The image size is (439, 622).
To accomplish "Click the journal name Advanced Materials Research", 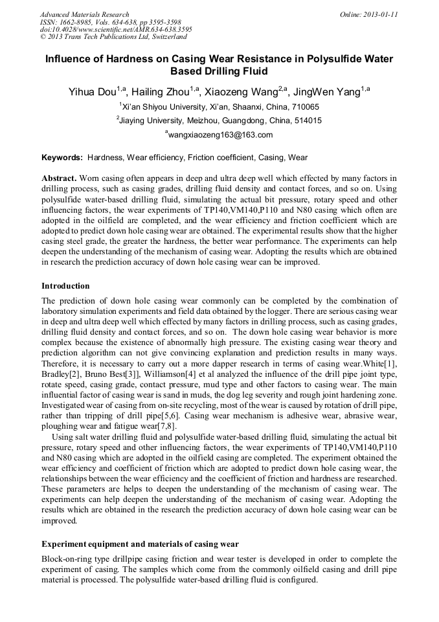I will tap(84, 14).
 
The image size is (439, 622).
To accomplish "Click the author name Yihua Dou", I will tap(93, 92).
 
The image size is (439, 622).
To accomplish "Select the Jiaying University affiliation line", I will tap(219, 121).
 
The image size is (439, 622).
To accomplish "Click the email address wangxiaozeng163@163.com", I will tap(220, 135).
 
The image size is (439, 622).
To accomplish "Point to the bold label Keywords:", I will tap(62, 158).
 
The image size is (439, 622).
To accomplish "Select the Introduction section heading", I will tap(65, 285).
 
